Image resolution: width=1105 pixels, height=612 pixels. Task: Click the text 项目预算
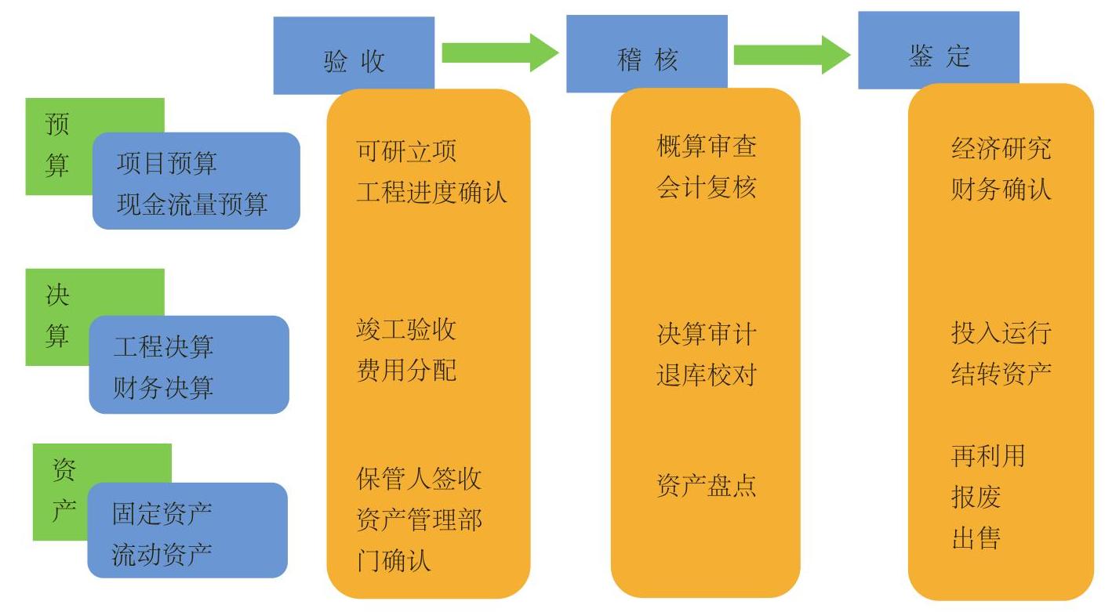coord(166,163)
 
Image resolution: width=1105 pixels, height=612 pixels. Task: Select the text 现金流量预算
coord(192,204)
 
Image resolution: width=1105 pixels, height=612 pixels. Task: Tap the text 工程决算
coord(163,346)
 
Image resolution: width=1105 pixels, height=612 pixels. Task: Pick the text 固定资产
coord(162,514)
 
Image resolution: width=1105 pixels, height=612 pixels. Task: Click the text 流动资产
coord(162,555)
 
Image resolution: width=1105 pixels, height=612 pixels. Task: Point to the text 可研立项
coord(406,150)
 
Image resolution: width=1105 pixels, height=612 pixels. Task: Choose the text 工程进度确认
coord(431,191)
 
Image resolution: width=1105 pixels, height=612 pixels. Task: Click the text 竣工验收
coord(406,329)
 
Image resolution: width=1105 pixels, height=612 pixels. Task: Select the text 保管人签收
coord(419,478)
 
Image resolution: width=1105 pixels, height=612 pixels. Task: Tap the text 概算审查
coord(707,147)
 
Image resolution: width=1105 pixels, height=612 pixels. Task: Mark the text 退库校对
coord(706,375)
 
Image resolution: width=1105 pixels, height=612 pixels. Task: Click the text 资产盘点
coord(706,486)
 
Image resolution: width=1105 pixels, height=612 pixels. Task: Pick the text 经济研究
coord(1001,149)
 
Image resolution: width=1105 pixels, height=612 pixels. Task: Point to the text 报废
coord(976,497)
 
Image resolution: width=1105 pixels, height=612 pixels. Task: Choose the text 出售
coord(976,538)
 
